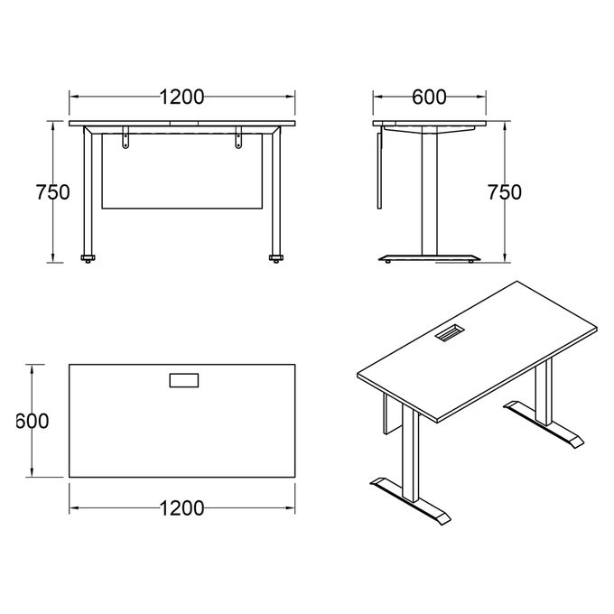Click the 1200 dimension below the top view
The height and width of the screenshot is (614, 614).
pyautogui.click(x=181, y=508)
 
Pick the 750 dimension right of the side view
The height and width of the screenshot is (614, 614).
pyautogui.click(x=503, y=192)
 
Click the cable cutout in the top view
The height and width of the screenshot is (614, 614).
pyautogui.click(x=183, y=380)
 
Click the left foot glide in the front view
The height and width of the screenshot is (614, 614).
pyautogui.click(x=88, y=260)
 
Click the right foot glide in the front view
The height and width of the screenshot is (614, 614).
pyautogui.click(x=275, y=260)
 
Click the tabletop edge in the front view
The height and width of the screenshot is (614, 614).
pyautogui.click(x=182, y=123)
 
